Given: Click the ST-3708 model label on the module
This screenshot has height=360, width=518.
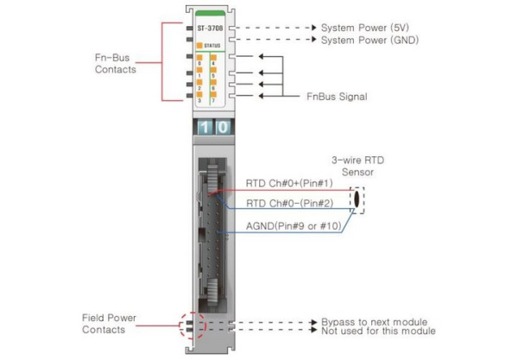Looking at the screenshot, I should [210, 28].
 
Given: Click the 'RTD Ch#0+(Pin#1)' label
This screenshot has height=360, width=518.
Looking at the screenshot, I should [281, 183].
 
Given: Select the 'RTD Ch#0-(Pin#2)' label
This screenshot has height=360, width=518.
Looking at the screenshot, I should [281, 204].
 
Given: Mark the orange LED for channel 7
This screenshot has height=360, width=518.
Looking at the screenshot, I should [214, 95].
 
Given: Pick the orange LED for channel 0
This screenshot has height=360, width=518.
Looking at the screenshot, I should [200, 58].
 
